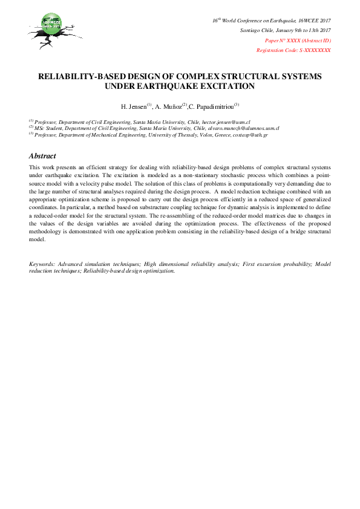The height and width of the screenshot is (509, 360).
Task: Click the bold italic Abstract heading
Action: [x=42, y=155]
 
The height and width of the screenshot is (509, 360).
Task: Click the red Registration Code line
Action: [x=293, y=50]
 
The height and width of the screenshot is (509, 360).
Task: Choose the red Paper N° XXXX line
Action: [x=298, y=40]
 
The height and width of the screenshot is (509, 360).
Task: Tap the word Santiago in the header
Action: [x=251, y=30]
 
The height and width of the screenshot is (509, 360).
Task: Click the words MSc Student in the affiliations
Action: [x=47, y=129]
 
